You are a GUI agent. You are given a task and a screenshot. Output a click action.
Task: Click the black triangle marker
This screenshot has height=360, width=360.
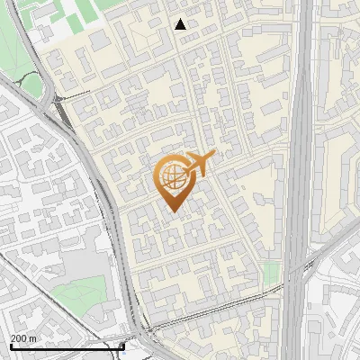(x=181, y=24)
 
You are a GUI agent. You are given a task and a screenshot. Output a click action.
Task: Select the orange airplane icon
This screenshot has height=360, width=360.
(x=200, y=164)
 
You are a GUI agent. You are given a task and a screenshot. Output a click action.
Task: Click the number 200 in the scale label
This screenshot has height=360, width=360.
(x=18, y=337)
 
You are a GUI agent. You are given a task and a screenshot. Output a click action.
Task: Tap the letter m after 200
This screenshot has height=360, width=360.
(x=32, y=337)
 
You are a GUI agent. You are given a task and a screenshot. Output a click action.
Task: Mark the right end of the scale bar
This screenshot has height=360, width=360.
(x=123, y=346)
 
